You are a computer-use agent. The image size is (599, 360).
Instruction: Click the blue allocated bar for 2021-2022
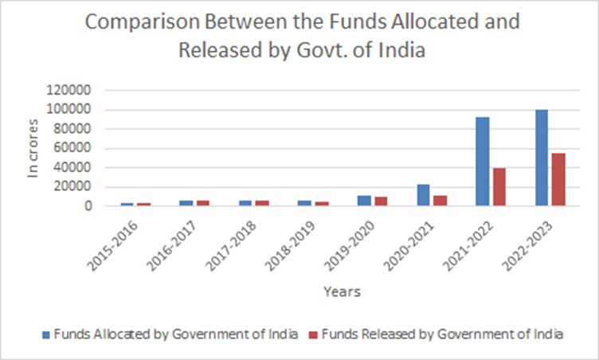click(483, 162)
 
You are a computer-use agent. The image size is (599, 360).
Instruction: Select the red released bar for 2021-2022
click(499, 187)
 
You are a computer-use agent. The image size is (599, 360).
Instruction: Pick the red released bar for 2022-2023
click(558, 180)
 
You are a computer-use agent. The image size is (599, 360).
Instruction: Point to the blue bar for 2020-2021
click(424, 195)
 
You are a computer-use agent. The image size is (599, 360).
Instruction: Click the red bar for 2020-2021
click(440, 201)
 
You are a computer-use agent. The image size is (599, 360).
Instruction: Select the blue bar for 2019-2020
click(364, 201)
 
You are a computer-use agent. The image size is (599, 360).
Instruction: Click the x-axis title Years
click(343, 292)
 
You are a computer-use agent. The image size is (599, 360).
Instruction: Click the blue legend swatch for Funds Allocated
click(45, 335)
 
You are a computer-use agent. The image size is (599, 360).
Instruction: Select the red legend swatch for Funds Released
click(311, 335)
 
